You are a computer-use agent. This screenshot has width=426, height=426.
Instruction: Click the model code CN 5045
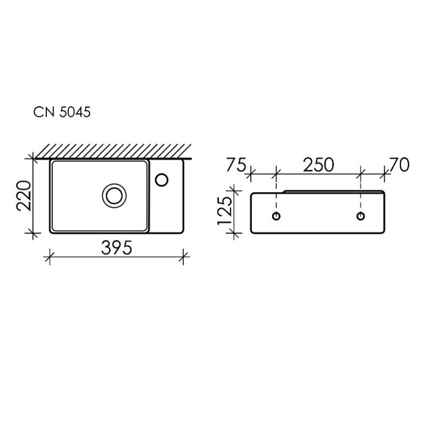(x=61, y=112)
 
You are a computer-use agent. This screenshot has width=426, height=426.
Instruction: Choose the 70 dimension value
(x=399, y=164)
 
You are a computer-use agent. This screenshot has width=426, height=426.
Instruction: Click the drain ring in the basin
(x=113, y=195)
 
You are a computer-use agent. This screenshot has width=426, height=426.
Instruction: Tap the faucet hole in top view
(x=162, y=179)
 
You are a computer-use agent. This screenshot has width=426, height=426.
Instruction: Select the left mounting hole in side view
(x=276, y=216)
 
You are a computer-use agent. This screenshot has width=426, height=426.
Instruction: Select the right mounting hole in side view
(x=361, y=216)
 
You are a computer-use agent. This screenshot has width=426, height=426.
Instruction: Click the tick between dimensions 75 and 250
(x=276, y=174)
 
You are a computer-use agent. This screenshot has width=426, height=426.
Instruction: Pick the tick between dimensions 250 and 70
(x=361, y=174)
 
